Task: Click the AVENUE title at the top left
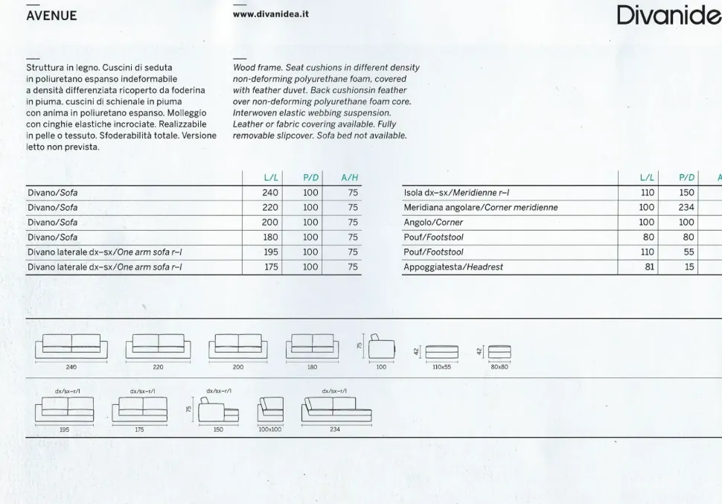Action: coord(51,16)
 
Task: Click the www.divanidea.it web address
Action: coord(270,14)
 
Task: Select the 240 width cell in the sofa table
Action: coord(270,193)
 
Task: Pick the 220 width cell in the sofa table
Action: coord(270,208)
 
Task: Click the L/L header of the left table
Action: coord(271,177)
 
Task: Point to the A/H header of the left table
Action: coord(349,177)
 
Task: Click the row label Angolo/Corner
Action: coord(433,223)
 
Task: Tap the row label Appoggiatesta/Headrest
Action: coord(453,267)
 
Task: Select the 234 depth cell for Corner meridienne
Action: coord(686,208)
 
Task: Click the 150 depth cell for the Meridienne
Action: coord(686,193)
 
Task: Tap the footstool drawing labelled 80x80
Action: coord(499,351)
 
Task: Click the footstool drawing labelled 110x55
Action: coord(441,351)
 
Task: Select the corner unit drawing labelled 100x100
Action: coord(270,410)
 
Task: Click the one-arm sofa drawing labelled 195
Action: coord(64,410)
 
